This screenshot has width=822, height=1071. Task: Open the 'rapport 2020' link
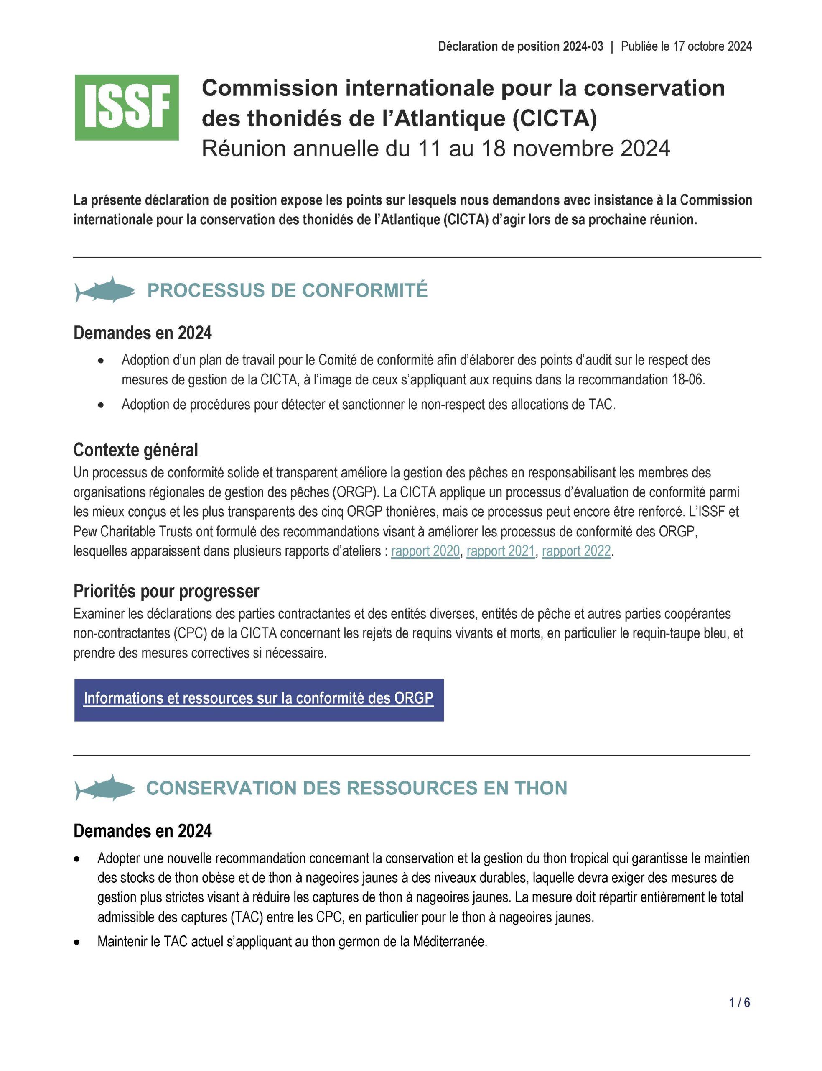point(425,551)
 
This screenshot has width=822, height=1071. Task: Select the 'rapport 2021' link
point(501,551)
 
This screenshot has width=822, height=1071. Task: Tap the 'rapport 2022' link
point(576,551)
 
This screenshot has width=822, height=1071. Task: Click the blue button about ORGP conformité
point(258,700)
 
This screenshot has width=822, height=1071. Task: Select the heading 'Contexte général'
point(135,450)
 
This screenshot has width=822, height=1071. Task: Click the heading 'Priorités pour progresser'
point(166,591)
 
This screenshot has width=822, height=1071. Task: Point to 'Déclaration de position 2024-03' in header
point(521,46)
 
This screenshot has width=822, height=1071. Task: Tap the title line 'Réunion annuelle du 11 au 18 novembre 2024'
point(435,149)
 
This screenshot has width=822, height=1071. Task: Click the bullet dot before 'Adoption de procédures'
point(101,405)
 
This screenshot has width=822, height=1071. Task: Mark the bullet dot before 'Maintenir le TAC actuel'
point(76,942)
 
